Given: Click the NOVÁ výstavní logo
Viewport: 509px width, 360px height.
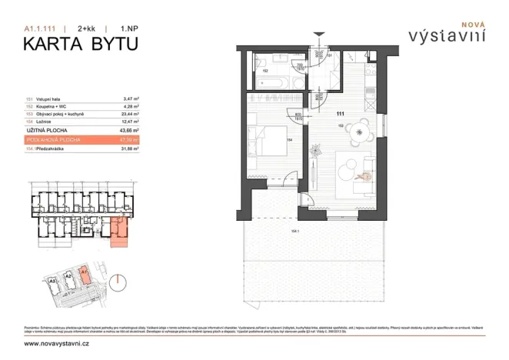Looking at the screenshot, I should coord(445,33).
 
